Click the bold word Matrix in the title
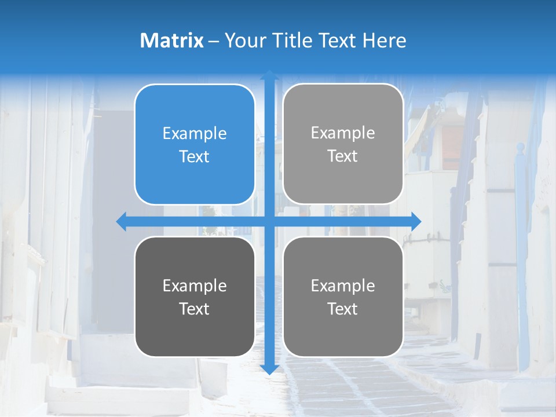click(x=172, y=41)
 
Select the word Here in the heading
click(x=384, y=41)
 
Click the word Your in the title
click(x=243, y=41)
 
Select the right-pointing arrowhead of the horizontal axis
click(x=415, y=221)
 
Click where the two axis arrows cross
click(x=269, y=221)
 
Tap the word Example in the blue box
click(x=195, y=134)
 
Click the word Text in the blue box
click(x=195, y=156)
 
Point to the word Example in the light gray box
click(x=343, y=133)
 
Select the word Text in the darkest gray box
click(x=195, y=309)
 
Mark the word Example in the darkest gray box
click(x=195, y=286)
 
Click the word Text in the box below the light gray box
click(x=343, y=309)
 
